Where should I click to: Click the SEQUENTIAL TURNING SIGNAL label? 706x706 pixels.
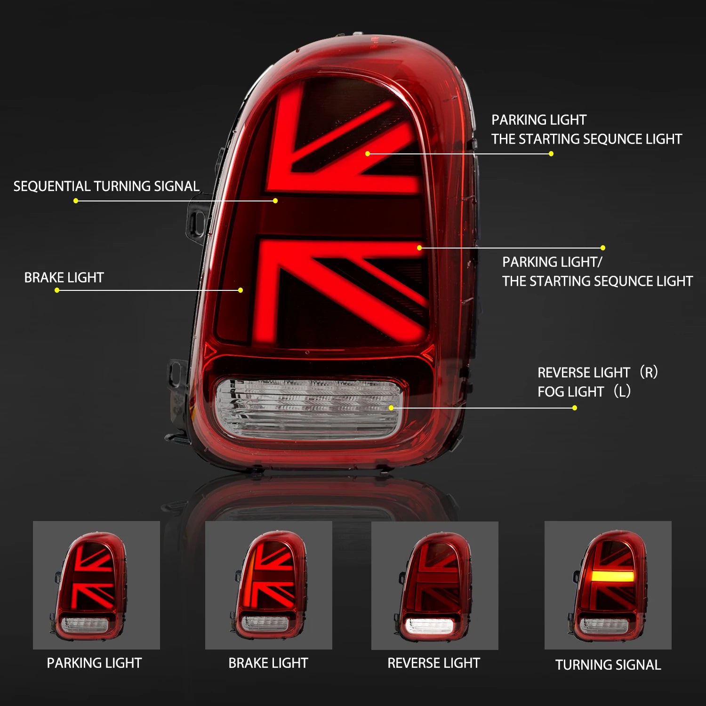pyautogui.click(x=106, y=186)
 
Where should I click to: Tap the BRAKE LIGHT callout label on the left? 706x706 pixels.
pyautogui.click(x=64, y=278)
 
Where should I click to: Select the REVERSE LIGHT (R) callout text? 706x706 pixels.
pyautogui.click(x=597, y=372)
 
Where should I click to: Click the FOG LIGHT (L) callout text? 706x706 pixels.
pyautogui.click(x=584, y=392)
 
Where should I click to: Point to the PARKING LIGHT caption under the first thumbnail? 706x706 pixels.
pyautogui.click(x=94, y=663)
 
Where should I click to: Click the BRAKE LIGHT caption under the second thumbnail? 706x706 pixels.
pyautogui.click(x=268, y=663)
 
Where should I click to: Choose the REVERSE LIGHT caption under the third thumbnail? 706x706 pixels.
pyautogui.click(x=433, y=663)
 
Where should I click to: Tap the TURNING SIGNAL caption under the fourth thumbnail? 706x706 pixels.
pyautogui.click(x=608, y=665)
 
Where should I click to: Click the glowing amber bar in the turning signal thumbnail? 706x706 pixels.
pyautogui.click(x=613, y=577)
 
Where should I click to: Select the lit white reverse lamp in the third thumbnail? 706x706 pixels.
pyautogui.click(x=429, y=626)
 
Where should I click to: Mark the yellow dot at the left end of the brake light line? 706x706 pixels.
pyautogui.click(x=57, y=290)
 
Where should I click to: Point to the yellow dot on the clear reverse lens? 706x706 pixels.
pyautogui.click(x=391, y=408)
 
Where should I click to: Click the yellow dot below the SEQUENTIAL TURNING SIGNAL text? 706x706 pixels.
pyautogui.click(x=76, y=201)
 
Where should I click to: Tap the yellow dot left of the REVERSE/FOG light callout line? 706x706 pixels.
pyautogui.click(x=574, y=408)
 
